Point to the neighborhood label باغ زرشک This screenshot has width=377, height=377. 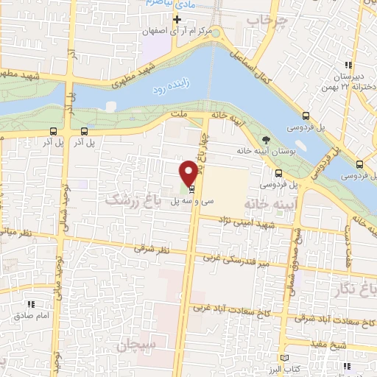(133, 198)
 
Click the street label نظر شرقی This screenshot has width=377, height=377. (152, 250)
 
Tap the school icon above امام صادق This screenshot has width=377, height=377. (32, 303)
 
